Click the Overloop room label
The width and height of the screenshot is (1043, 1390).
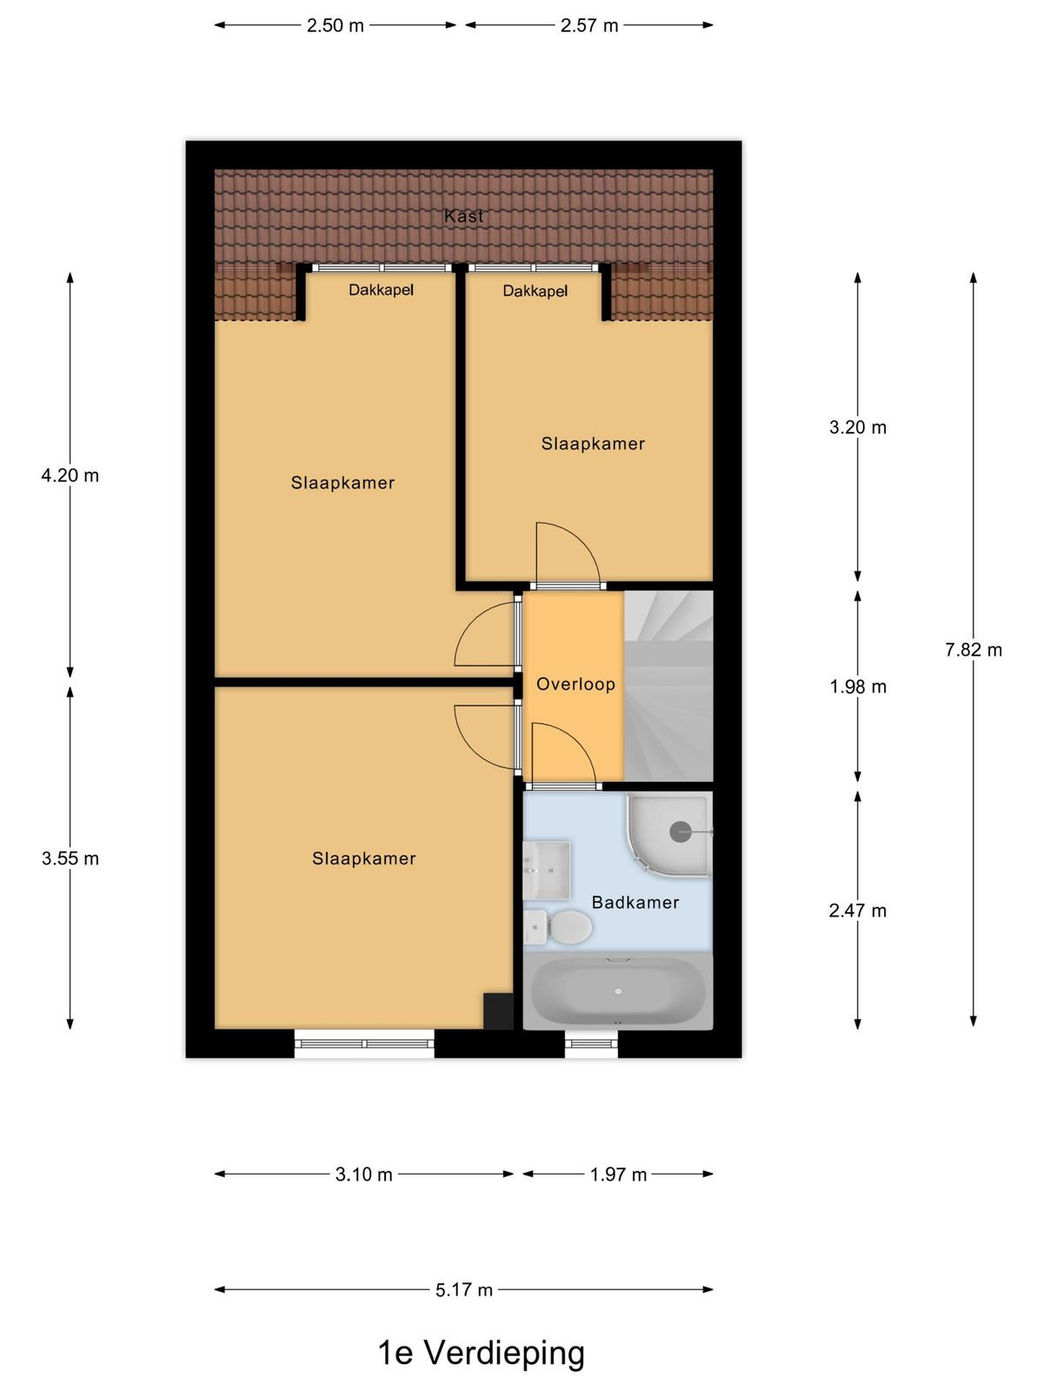click(x=575, y=684)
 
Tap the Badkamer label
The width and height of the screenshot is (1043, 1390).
click(x=635, y=903)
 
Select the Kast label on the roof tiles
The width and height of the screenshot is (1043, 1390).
click(x=463, y=216)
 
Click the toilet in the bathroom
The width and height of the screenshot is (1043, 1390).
click(x=558, y=927)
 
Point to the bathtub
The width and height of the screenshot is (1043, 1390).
click(x=618, y=991)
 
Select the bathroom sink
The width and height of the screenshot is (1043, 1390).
click(x=548, y=870)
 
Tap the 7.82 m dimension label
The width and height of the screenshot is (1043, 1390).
click(x=973, y=650)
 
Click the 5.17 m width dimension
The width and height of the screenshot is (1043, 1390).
click(x=463, y=1290)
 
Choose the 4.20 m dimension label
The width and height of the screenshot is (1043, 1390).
click(x=70, y=475)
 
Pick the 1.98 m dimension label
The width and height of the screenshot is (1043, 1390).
click(x=858, y=686)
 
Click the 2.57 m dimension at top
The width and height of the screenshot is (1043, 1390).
click(x=589, y=25)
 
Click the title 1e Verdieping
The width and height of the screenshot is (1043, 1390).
click(x=482, y=1353)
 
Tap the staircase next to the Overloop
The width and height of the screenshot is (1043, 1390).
click(x=668, y=685)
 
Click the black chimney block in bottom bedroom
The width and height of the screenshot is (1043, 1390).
click(x=498, y=1010)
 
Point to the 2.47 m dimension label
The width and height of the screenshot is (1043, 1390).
click(x=858, y=910)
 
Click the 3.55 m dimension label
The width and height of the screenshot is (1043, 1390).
click(x=70, y=858)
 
